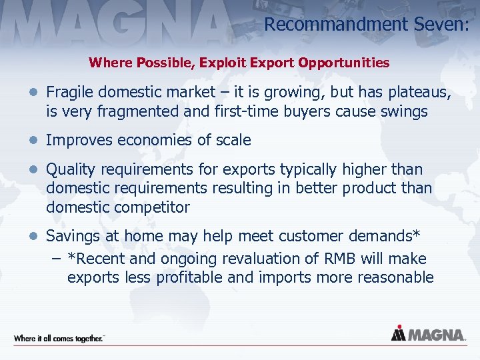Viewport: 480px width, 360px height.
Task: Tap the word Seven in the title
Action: click(441, 25)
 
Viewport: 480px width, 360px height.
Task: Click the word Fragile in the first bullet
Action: click(70, 91)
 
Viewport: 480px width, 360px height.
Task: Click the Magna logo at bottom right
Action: click(428, 334)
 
